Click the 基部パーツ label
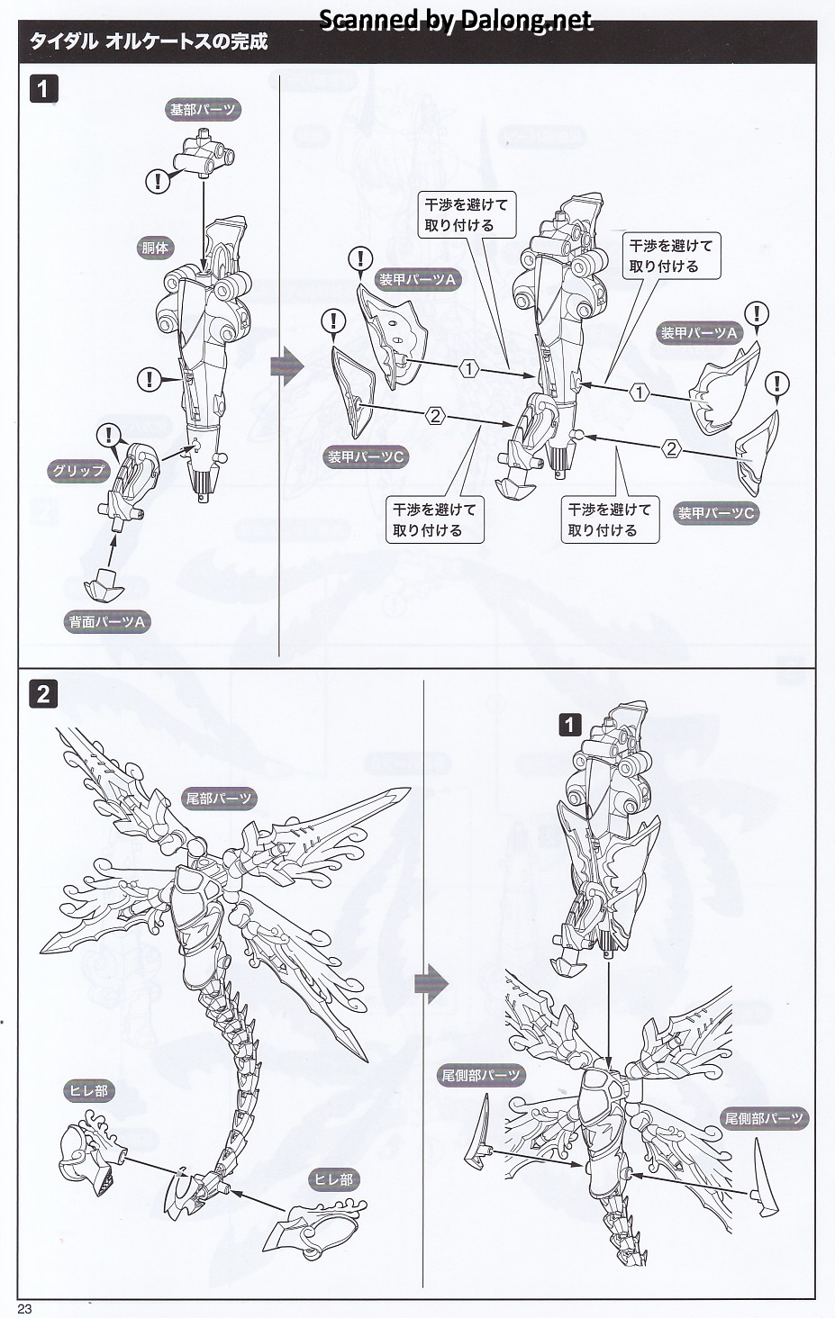point(203,110)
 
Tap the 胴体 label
point(155,248)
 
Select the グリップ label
point(78,470)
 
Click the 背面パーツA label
point(107,621)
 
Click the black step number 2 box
point(43,694)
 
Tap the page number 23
point(24,1308)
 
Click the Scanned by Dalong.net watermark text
point(456,20)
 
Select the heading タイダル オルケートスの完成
point(149,41)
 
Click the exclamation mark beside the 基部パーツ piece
point(158,181)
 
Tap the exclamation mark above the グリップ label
point(110,436)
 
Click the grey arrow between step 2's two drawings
point(431,984)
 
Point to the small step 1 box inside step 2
point(569,724)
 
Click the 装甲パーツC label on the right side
point(716,513)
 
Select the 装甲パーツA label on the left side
point(417,280)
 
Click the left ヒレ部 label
point(88,1090)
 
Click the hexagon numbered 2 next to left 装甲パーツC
point(435,416)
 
